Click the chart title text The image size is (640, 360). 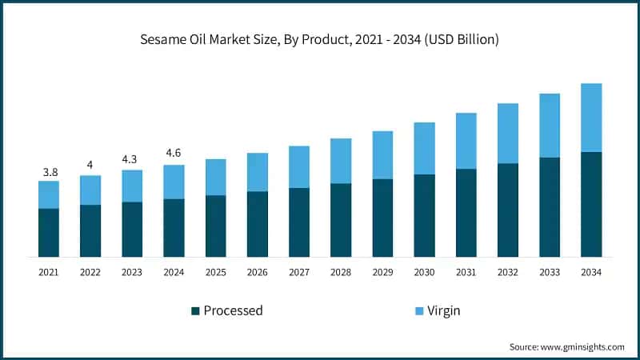pyautogui.click(x=320, y=40)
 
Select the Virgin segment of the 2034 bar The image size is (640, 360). pyautogui.click(x=591, y=118)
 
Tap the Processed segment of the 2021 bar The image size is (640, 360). pyautogui.click(x=49, y=232)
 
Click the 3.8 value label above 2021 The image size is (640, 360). pyautogui.click(x=49, y=171)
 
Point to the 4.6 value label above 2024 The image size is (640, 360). pyautogui.click(x=174, y=153)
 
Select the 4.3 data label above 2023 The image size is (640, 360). pyautogui.click(x=132, y=158)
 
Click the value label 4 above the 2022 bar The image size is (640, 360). pyautogui.click(x=90, y=165)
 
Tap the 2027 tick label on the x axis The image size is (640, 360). pyautogui.click(x=299, y=273)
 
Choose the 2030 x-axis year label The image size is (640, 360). pyautogui.click(x=424, y=273)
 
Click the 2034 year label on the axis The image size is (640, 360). pyautogui.click(x=591, y=273)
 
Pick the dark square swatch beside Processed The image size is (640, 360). pyautogui.click(x=194, y=310)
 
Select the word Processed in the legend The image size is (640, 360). pyautogui.click(x=233, y=310)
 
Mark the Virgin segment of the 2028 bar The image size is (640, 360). pyautogui.click(x=341, y=161)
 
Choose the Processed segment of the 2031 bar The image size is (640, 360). pyautogui.click(x=466, y=213)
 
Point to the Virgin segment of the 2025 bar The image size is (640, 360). pyautogui.click(x=215, y=177)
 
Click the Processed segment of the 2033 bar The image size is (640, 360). pyautogui.click(x=549, y=206)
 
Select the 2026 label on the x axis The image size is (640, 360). pyautogui.click(x=258, y=273)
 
